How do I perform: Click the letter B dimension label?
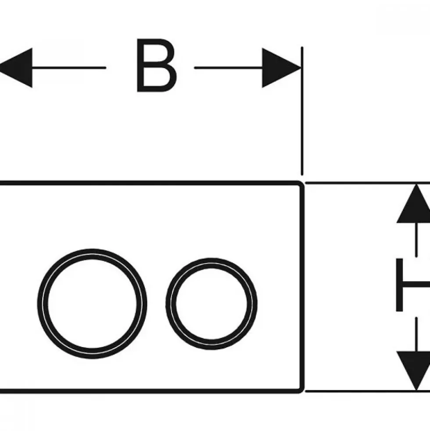click(157, 65)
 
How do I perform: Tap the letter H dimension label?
click(413, 285)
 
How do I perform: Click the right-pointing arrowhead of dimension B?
click(281, 68)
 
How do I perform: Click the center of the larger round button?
click(92, 304)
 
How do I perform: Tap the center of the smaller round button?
click(211, 304)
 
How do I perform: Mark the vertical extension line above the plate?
click(302, 111)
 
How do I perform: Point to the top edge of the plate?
click(150, 183)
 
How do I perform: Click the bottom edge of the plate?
click(150, 391)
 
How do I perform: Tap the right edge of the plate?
click(303, 287)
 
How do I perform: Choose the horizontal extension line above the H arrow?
click(367, 182)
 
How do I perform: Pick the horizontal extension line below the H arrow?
click(367, 391)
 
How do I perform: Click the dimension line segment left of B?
click(68, 68)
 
